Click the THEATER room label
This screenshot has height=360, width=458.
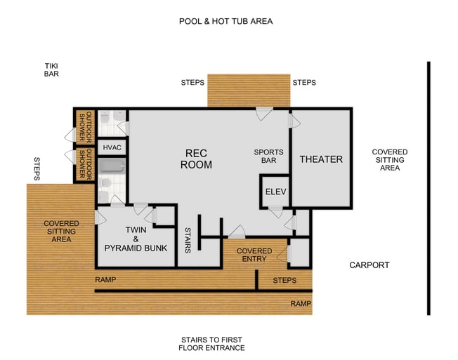(x=321, y=159)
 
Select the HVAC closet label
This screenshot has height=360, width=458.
(x=112, y=148)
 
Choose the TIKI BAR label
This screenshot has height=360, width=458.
(x=51, y=69)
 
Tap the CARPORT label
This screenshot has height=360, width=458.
(x=369, y=265)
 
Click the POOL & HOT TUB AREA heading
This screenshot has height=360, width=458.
(x=225, y=21)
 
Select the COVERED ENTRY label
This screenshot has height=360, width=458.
(x=254, y=255)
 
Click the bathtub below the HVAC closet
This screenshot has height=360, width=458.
(x=111, y=167)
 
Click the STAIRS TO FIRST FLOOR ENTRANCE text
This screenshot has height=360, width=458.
(x=211, y=343)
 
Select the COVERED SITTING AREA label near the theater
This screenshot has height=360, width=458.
(x=389, y=160)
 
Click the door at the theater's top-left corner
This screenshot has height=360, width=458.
(x=294, y=121)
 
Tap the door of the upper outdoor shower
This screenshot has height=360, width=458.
(x=71, y=135)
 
